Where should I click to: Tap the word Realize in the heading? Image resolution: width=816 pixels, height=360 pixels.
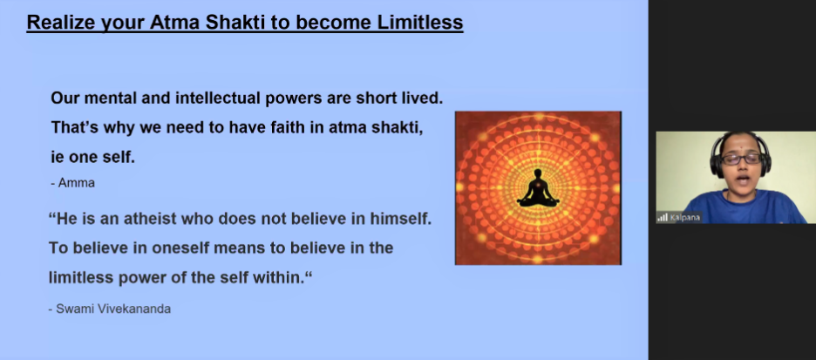pyautogui.click(x=58, y=23)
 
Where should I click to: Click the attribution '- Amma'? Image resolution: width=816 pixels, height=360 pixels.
pyautogui.click(x=73, y=183)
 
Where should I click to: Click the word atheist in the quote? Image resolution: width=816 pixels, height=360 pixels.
pyautogui.click(x=151, y=219)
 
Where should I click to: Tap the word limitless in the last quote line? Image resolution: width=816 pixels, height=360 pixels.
pyautogui.click(x=81, y=278)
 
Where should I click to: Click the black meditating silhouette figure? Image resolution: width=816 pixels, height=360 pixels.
pyautogui.click(x=538, y=187)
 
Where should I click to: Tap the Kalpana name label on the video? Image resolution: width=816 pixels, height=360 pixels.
pyautogui.click(x=684, y=218)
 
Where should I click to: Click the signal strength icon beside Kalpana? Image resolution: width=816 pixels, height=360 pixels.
pyautogui.click(x=662, y=218)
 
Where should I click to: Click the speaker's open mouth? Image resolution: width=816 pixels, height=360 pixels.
pyautogui.click(x=743, y=180)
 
